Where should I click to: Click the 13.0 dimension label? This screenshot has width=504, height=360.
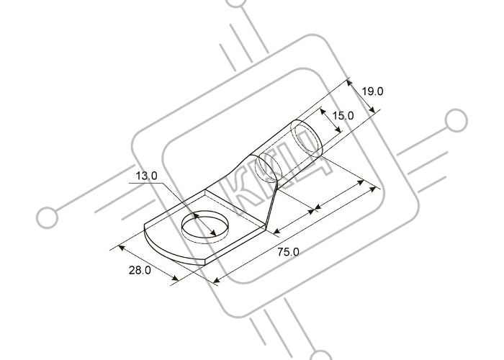[146, 176]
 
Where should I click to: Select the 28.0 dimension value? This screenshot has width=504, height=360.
[140, 270]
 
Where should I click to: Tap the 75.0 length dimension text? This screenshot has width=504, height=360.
[288, 252]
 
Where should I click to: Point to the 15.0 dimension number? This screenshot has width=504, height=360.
[343, 115]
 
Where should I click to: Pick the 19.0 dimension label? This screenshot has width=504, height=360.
[372, 91]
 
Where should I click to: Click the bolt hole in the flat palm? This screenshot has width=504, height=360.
[205, 226]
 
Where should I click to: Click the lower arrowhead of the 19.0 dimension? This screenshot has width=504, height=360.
[372, 109]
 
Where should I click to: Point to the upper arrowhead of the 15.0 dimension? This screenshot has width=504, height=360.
[323, 112]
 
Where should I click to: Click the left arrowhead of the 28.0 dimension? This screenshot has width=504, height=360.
[122, 248]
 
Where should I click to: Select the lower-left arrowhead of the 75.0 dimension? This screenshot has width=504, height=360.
[217, 279]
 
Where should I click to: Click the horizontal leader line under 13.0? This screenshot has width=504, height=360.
[146, 183]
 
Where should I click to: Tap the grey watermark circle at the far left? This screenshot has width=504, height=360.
[48, 217]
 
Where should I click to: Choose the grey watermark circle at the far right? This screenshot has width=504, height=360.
[456, 120]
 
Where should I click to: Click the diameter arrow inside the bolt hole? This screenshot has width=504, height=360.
[204, 225]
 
